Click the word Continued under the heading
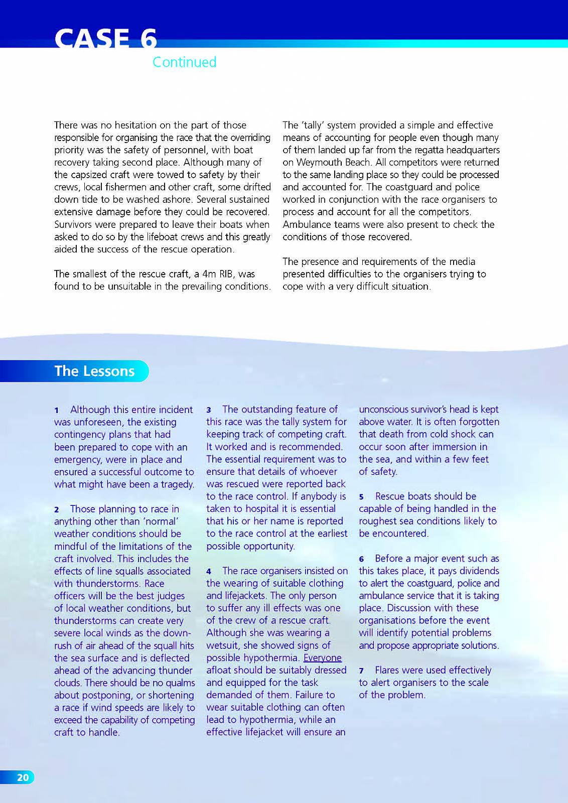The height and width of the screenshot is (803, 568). (x=184, y=62)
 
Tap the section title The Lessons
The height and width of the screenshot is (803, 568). (x=95, y=371)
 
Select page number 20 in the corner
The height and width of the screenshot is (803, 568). (x=23, y=777)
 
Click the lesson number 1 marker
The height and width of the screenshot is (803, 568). (x=57, y=410)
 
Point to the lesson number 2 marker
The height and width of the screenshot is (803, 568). (x=57, y=509)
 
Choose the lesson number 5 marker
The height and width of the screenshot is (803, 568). (x=361, y=497)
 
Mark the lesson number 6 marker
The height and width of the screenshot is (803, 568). (x=361, y=559)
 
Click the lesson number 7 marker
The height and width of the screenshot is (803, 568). (x=361, y=671)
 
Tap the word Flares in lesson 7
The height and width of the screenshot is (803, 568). (x=390, y=671)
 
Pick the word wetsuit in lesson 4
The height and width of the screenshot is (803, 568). (x=223, y=645)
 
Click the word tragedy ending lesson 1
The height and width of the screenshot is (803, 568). (x=178, y=484)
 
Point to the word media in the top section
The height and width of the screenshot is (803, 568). (x=463, y=261)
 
